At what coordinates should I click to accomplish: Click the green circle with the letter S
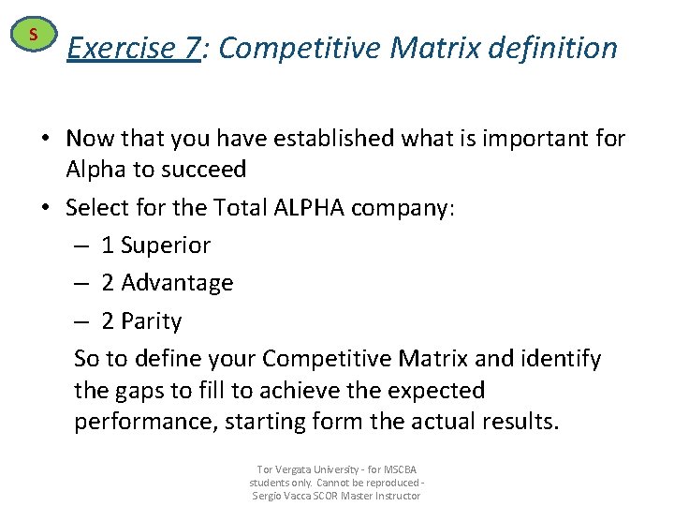tap(33, 36)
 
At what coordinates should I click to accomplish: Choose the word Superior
tap(166, 246)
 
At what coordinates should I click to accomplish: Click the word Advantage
tap(177, 283)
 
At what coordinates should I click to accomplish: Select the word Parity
tap(151, 321)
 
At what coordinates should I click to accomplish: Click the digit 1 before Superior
tap(108, 246)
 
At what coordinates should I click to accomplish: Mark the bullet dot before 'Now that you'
tap(46, 140)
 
